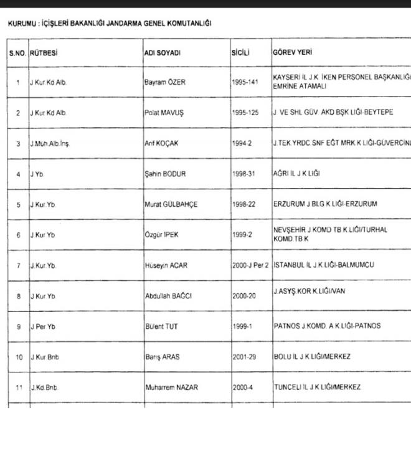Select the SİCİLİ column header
tap(240, 54)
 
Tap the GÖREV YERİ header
tap(292, 54)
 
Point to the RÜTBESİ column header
tap(44, 54)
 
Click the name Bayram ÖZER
tap(166, 82)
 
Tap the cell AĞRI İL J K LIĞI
tap(300, 174)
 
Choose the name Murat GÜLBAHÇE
tap(170, 204)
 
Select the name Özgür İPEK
tap(162, 235)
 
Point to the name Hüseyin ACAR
tap(166, 265)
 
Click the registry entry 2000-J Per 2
tap(250, 265)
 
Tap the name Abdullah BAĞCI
tap(168, 296)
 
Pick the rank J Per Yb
tap(43, 326)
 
